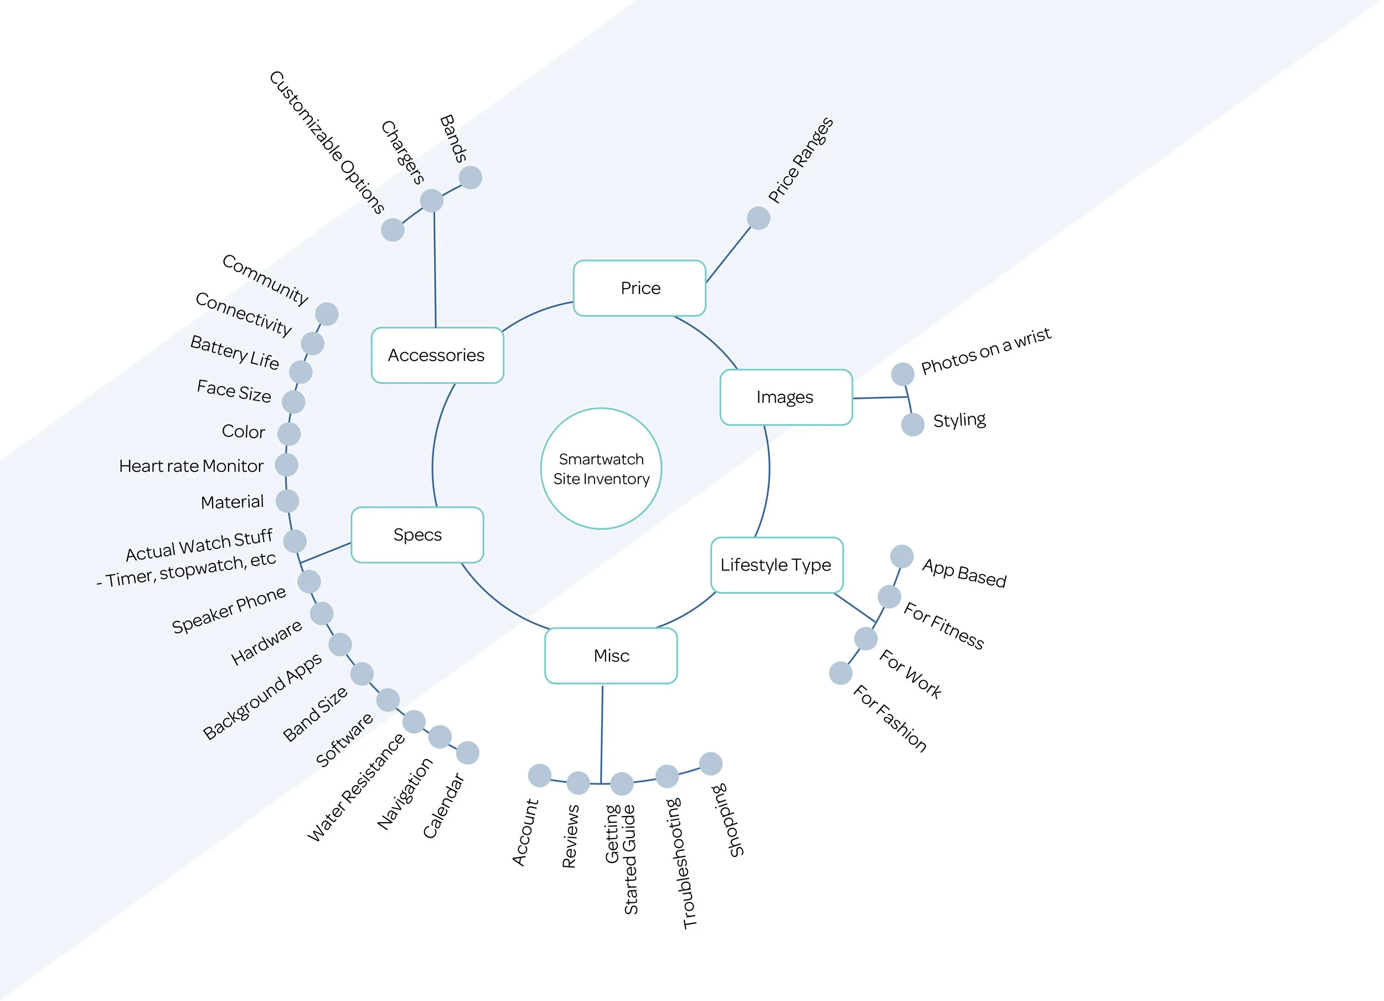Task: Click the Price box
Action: (639, 288)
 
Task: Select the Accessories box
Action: (437, 356)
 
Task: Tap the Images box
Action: (786, 397)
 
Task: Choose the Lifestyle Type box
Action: (776, 565)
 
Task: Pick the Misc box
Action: (611, 656)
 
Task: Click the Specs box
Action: (417, 535)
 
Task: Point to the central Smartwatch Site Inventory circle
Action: (601, 469)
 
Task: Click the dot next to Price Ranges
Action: (758, 218)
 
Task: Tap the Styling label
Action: (959, 420)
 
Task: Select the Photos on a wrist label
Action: (985, 351)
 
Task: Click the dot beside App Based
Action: (901, 556)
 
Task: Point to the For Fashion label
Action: (890, 718)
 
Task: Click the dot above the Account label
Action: (539, 775)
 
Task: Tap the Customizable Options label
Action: (327, 142)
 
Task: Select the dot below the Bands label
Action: (471, 178)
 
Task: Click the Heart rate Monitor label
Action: (191, 466)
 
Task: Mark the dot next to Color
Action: (288, 434)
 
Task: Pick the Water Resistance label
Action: (355, 788)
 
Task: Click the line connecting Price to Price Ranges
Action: (728, 254)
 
